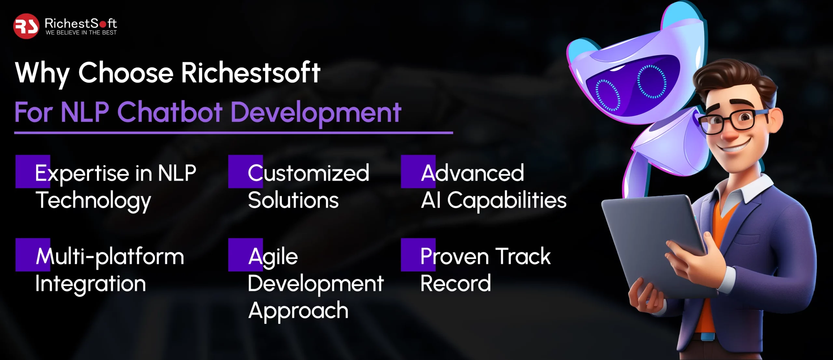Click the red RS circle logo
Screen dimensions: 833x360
(x=26, y=26)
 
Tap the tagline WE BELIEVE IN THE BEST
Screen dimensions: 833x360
(x=81, y=33)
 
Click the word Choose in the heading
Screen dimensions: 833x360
(x=126, y=73)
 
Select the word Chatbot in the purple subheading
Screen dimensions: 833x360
(x=170, y=112)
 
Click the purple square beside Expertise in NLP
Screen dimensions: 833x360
(x=33, y=171)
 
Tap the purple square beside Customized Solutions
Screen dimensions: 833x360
(x=245, y=171)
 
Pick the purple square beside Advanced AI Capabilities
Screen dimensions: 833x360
(x=418, y=171)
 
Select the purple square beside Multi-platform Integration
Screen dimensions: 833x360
(x=33, y=255)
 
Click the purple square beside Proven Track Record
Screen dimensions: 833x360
(x=418, y=255)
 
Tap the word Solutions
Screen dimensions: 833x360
(x=293, y=200)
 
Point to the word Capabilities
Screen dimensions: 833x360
(x=507, y=201)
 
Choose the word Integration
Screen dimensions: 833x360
(x=90, y=284)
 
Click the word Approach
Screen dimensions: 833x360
(x=298, y=311)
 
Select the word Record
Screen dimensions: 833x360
(x=456, y=283)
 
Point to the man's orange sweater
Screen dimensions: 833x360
(x=716, y=260)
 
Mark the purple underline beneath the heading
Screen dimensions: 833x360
(x=234, y=133)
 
